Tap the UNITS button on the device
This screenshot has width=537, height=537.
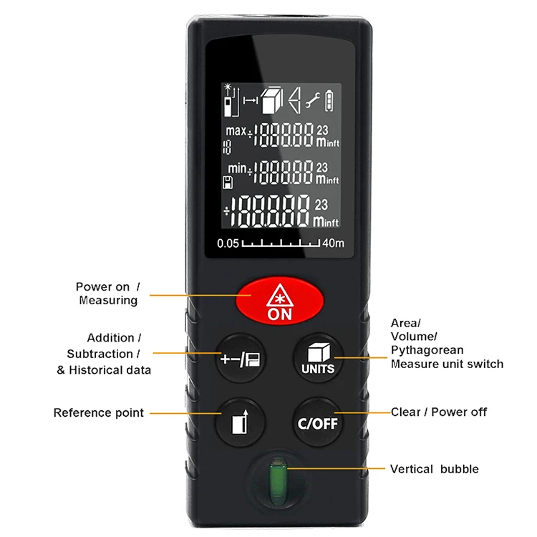pyautogui.click(x=318, y=358)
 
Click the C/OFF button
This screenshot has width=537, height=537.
pyautogui.click(x=318, y=422)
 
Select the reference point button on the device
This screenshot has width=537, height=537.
pyautogui.click(x=241, y=422)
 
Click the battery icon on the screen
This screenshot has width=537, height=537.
pyautogui.click(x=329, y=101)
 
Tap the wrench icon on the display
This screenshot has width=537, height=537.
pyautogui.click(x=313, y=100)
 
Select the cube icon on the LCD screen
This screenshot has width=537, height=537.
pyautogui.click(x=272, y=100)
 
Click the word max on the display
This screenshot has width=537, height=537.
pyautogui.click(x=236, y=130)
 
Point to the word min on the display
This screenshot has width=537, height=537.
pyautogui.click(x=237, y=168)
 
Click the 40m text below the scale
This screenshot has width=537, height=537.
pyautogui.click(x=333, y=243)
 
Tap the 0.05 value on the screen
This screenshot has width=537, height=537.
pyautogui.click(x=228, y=243)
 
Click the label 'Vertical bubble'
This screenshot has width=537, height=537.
pyautogui.click(x=435, y=469)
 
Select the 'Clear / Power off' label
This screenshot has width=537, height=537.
pyautogui.click(x=439, y=412)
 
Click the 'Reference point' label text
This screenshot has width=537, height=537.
pyautogui.click(x=99, y=412)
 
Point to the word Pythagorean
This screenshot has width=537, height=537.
pyautogui.click(x=427, y=350)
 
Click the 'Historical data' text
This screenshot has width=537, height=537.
pyautogui.click(x=110, y=370)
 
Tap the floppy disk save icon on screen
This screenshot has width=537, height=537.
pyautogui.click(x=228, y=183)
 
